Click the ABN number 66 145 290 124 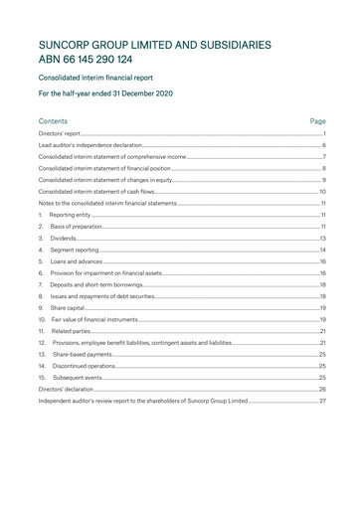point(98,59)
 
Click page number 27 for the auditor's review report point(322,401)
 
